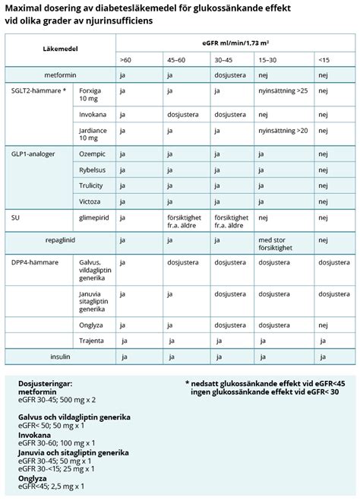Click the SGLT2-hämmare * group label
(37, 91)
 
